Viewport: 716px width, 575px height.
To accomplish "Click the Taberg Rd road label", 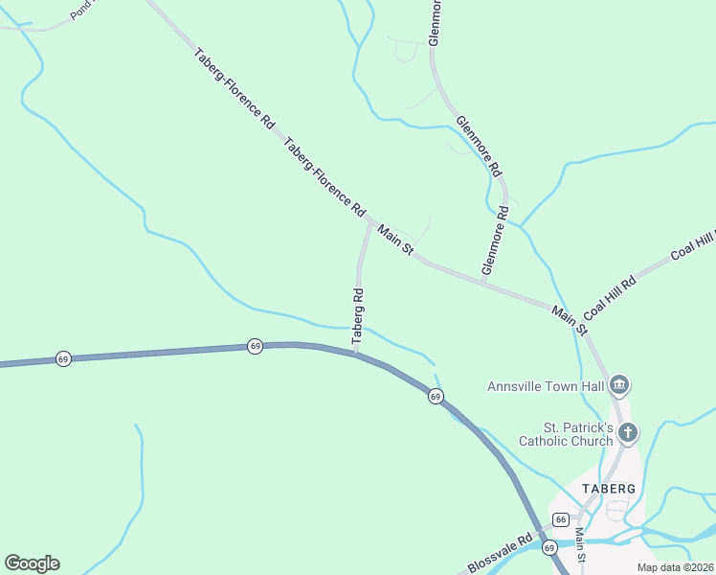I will [x=359, y=316].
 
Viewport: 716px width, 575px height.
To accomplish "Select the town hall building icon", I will [x=618, y=385].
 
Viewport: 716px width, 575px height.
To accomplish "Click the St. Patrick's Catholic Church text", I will [x=565, y=433].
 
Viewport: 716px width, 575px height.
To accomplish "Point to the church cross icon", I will [x=627, y=433].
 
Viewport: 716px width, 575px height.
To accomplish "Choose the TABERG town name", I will [x=608, y=488].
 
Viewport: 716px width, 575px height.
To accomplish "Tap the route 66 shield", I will [x=561, y=519].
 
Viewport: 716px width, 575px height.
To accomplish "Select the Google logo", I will [x=32, y=563].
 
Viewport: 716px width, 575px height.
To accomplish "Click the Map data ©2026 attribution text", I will [x=675, y=566].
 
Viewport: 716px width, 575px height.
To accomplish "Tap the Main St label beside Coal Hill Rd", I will [x=569, y=320].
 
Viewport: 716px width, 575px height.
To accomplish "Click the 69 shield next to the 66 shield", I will [x=548, y=548].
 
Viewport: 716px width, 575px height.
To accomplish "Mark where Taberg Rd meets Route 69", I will [x=356, y=351].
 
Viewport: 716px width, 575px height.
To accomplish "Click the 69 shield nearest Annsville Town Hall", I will [x=435, y=396].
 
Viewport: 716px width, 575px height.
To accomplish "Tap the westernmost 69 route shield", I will [x=62, y=357].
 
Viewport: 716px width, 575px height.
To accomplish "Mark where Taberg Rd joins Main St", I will [x=369, y=221].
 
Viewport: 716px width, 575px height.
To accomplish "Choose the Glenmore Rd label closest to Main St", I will [x=495, y=241].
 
